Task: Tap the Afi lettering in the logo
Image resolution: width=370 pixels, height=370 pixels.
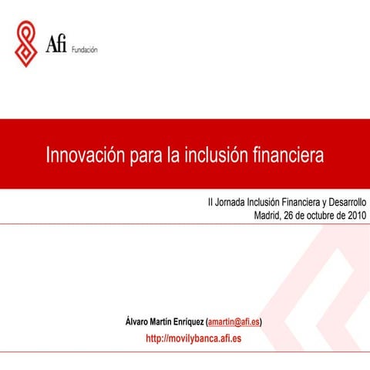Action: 56,45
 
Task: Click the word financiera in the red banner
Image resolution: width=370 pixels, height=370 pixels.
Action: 288,154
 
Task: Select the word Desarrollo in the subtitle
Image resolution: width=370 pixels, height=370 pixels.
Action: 342,203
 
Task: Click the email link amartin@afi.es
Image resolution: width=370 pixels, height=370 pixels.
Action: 234,321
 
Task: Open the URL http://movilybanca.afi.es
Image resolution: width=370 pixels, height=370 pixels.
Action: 193,339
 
